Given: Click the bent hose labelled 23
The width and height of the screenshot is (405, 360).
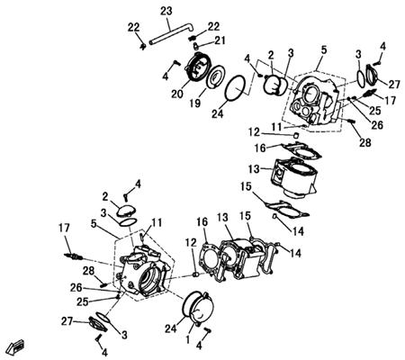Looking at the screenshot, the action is (171, 33).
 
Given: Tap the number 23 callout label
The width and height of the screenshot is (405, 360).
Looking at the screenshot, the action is (166, 11).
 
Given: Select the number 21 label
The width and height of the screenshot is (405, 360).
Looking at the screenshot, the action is (220, 40).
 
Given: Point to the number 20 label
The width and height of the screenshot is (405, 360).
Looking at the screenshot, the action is (177, 94).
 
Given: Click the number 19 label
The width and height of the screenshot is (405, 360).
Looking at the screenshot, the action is (195, 103).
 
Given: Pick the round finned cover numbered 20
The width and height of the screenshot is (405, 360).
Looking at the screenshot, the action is (199, 69).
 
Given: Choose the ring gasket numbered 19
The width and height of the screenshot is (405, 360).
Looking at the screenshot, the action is (214, 76).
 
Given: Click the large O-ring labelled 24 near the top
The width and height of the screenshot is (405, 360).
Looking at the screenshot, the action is (236, 88).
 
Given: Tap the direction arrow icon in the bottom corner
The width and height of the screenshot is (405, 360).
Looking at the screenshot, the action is (17, 347).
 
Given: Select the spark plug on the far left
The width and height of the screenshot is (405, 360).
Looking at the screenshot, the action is (74, 256).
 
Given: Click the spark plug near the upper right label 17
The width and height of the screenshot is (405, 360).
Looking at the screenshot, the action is (368, 93).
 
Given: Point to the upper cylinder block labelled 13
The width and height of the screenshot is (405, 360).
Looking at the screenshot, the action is (292, 177).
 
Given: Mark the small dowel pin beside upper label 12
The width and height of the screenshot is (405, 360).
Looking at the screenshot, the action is (296, 135).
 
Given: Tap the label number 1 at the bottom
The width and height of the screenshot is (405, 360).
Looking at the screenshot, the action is (188, 340).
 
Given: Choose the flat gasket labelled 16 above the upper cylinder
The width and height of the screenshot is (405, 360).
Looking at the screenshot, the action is (301, 150).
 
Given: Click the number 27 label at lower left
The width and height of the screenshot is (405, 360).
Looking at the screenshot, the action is (67, 321).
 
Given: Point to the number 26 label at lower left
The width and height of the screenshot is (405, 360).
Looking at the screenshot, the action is (76, 288).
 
